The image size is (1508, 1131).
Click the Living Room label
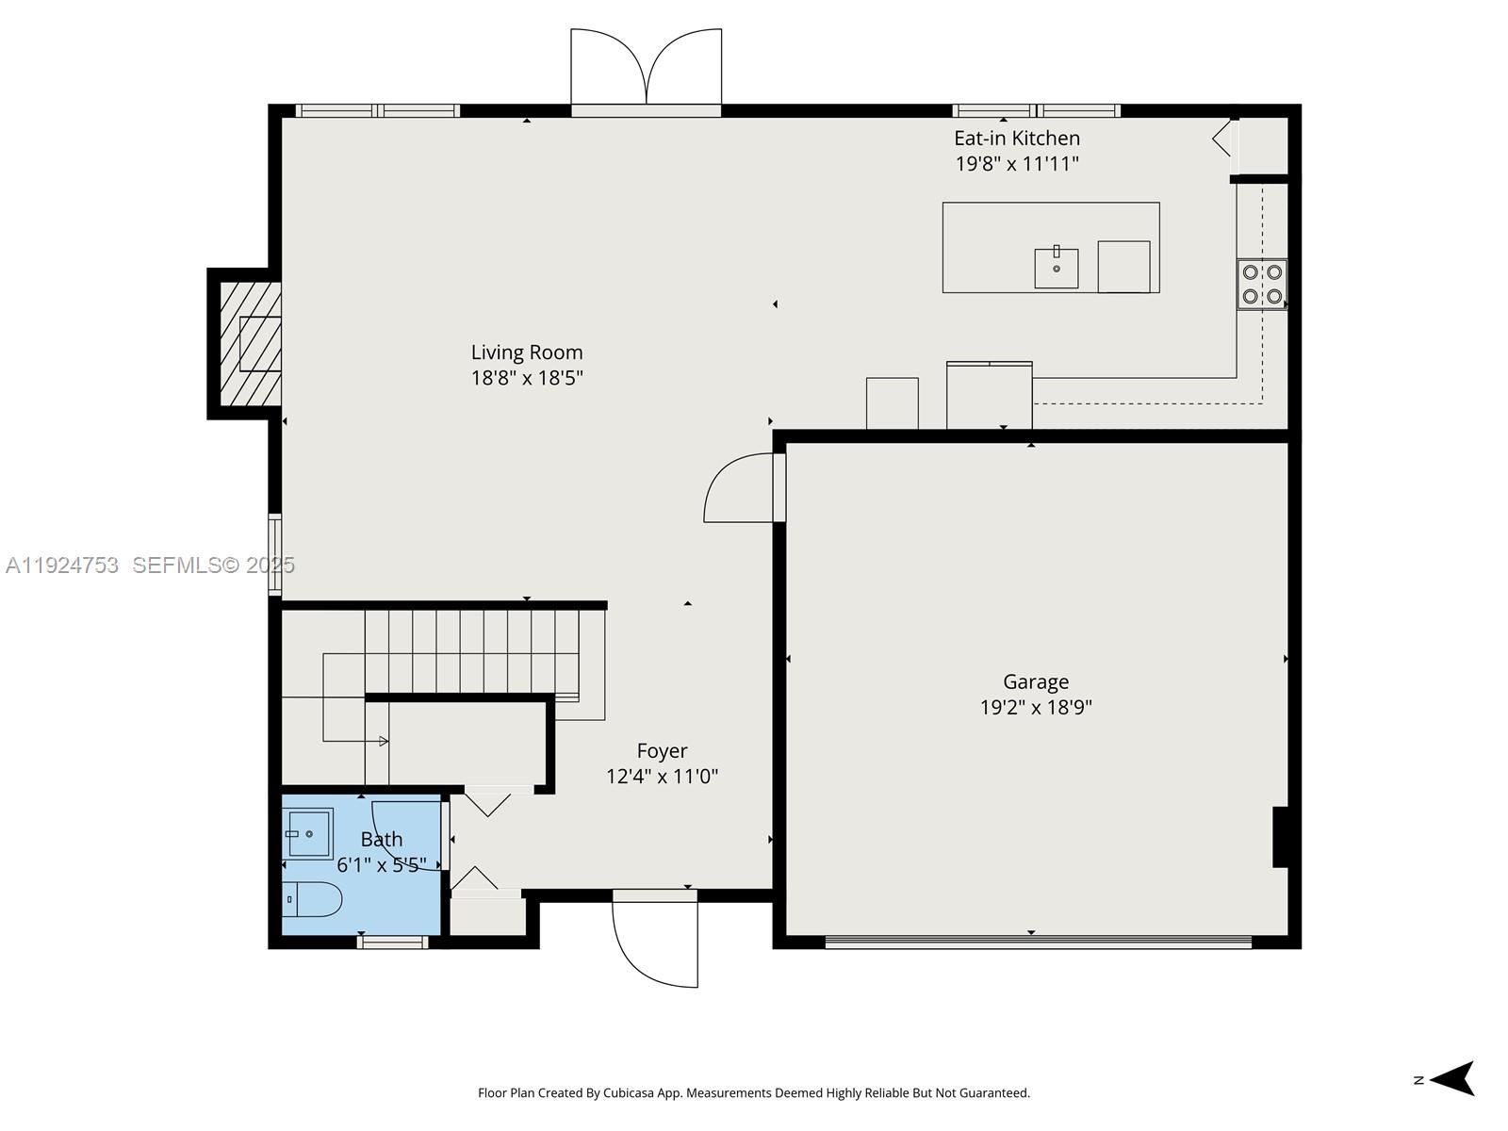pyautogui.click(x=527, y=352)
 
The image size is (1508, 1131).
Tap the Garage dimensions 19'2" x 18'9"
pyautogui.click(x=1036, y=707)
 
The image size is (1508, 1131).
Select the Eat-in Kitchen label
pyautogui.click(x=1017, y=139)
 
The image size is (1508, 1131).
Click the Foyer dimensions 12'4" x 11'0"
pyautogui.click(x=662, y=777)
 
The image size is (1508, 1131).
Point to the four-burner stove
pyautogui.click(x=1262, y=284)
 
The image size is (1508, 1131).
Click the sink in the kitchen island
pyautogui.click(x=1056, y=268)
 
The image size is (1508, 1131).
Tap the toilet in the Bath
pyautogui.click(x=313, y=900)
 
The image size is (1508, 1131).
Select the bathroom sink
pyautogui.click(x=308, y=833)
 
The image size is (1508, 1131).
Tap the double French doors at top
pyautogui.click(x=646, y=71)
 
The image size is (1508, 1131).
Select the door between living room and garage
pyautogui.click(x=741, y=488)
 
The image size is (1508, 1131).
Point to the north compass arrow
pyautogui.click(x=1453, y=1078)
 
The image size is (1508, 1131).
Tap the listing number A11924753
pyautogui.click(x=62, y=565)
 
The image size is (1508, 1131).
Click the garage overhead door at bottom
pyautogui.click(x=1037, y=941)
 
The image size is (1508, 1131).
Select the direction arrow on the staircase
pyautogui.click(x=383, y=741)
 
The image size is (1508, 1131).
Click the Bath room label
pyautogui.click(x=381, y=839)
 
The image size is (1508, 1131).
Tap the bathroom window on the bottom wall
pyautogui.click(x=393, y=942)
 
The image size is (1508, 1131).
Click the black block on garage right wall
pyautogui.click(x=1280, y=836)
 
